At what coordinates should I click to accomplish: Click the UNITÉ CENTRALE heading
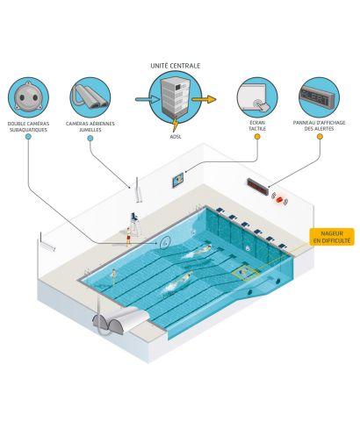pos(176,66)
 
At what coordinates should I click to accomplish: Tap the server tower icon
pos(176,97)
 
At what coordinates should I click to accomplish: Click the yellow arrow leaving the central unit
pos(205,99)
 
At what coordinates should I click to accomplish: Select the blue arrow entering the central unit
pos(147,99)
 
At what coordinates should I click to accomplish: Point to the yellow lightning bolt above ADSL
pos(175,125)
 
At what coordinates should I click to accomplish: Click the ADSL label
pos(176,136)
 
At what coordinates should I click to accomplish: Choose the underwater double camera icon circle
pos(28,97)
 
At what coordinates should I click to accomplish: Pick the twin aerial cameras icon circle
pos(90,97)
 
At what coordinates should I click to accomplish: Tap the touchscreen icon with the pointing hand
pos(257,97)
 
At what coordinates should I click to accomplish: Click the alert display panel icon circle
pos(320,97)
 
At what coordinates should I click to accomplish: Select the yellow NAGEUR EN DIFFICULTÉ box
pos(332,237)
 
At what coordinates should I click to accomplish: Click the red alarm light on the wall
pos(279,199)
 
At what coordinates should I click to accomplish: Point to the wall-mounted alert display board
pos(257,187)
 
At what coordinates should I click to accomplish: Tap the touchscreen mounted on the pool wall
pos(177,180)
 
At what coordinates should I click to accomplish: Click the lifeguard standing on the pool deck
pos(128,237)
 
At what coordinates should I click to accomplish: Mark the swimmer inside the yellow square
pos(242,273)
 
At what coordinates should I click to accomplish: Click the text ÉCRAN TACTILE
pos(257,125)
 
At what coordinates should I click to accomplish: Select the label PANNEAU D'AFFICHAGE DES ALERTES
pos(320,125)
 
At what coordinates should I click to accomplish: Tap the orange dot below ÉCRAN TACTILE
pos(257,136)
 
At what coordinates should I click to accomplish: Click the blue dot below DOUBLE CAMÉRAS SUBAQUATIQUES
pos(28,136)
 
